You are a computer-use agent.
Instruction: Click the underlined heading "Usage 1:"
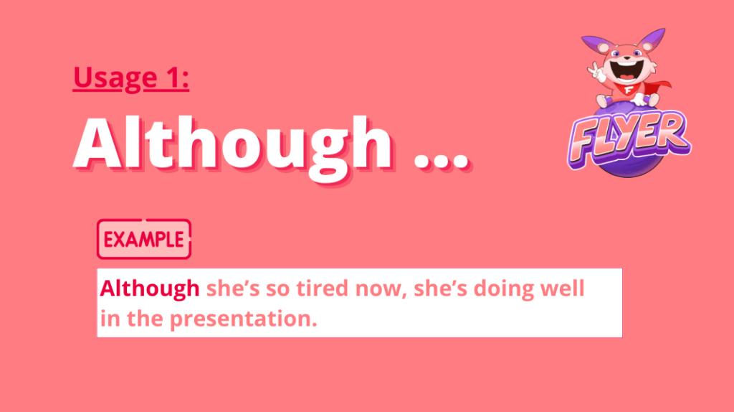131,78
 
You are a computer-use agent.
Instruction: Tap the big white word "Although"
233,144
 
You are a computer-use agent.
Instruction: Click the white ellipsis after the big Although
442,160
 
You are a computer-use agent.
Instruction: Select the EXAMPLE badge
143,239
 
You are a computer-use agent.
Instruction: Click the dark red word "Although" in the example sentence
150,289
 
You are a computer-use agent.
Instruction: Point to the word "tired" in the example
323,289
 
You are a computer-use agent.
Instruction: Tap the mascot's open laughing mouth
625,71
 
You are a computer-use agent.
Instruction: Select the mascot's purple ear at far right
652,39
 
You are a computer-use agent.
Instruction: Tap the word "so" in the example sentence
278,291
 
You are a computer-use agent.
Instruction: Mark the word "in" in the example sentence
110,319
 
